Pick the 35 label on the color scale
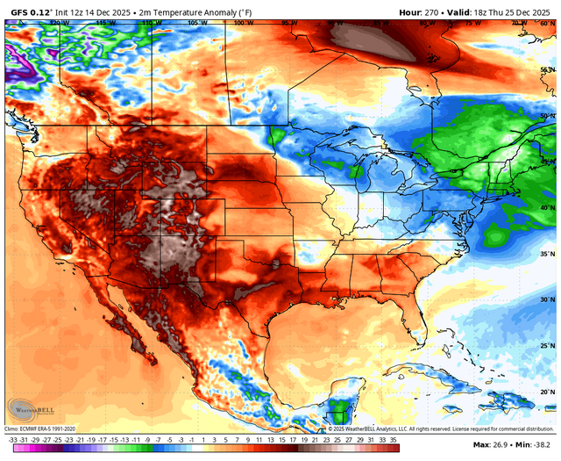[x=394, y=438]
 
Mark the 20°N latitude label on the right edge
[x=546, y=393]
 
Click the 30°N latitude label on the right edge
[x=546, y=300]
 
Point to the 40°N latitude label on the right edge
[x=546, y=208]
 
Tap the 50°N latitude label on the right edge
[x=546, y=116]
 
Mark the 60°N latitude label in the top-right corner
[x=546, y=24]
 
